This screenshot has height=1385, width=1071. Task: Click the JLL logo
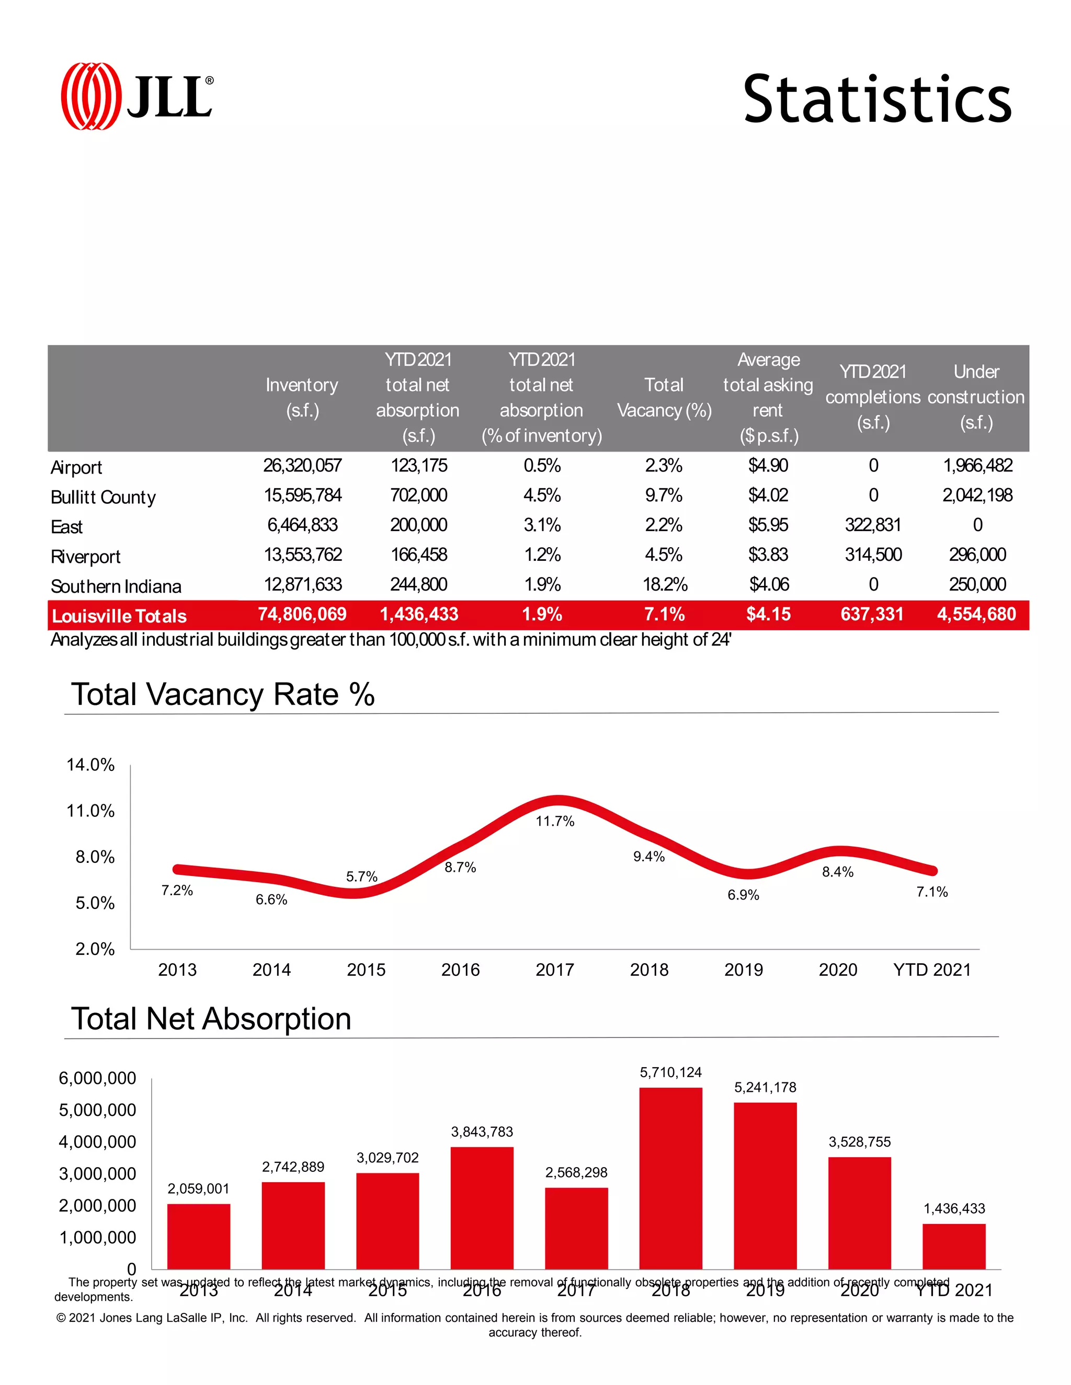point(136,96)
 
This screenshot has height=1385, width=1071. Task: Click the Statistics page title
point(876,99)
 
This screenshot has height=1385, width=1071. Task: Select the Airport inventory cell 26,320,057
point(302,466)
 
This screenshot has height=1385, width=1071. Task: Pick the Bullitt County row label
point(103,497)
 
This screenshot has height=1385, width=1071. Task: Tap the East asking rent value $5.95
point(768,525)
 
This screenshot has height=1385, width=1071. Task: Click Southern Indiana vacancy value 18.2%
point(664,584)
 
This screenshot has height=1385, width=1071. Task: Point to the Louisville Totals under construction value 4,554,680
point(976,614)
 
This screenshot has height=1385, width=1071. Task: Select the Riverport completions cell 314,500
point(872,555)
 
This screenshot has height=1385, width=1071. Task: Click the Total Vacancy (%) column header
point(664,398)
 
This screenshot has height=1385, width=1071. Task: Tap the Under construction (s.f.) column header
point(976,397)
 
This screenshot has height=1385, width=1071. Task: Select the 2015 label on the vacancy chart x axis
point(366,969)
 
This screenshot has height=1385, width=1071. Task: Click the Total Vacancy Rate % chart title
point(223,695)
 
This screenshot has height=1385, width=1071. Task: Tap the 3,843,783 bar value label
point(482,1132)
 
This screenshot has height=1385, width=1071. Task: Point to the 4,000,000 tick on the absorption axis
point(97,1142)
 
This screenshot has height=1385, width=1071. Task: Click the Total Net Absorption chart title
point(211,1019)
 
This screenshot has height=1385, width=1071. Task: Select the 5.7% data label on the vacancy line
point(362,876)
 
